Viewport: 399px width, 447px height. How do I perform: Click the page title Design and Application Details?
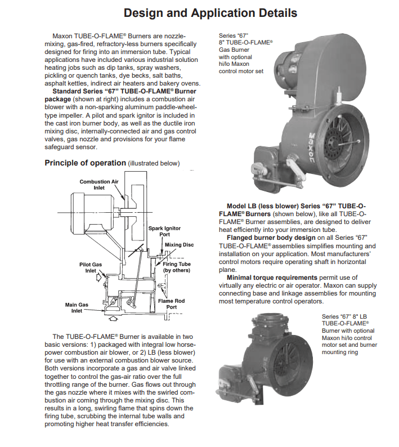210,13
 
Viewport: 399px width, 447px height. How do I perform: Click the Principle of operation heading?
85,163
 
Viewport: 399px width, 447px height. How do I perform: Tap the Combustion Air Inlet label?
99,185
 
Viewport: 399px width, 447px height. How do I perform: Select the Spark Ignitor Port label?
164,231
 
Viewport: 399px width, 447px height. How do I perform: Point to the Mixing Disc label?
180,245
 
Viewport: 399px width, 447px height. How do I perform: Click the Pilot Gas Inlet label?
91,267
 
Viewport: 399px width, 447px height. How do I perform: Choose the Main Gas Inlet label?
77,307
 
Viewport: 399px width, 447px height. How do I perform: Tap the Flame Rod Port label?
171,304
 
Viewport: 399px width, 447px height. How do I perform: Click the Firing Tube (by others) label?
176,267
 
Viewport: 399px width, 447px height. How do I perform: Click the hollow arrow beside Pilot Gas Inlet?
99,277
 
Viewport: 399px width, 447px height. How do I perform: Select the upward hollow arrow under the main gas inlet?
114,318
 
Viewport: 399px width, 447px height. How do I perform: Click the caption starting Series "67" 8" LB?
349,334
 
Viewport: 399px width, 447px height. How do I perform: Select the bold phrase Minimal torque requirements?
272,278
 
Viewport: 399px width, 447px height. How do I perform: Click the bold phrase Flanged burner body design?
271,238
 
